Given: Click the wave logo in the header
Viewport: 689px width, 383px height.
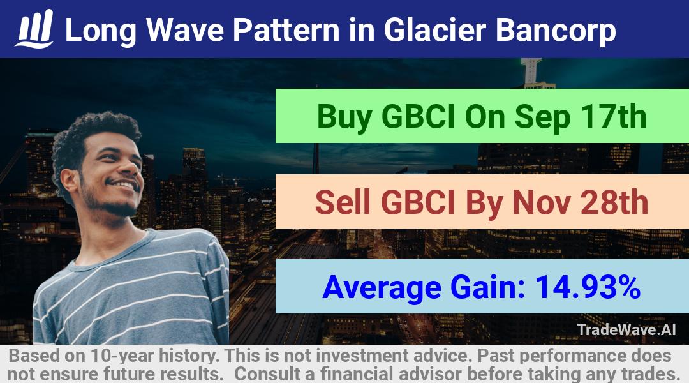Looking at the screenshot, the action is click(34, 29).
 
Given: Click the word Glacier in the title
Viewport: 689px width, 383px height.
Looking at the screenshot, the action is click(435, 30).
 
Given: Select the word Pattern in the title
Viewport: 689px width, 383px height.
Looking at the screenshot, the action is click(286, 30).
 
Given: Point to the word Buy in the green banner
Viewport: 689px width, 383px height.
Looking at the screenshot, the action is click(344, 117).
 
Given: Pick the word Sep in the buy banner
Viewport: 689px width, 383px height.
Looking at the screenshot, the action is click(542, 117).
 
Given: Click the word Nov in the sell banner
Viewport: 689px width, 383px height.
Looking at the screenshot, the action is click(542, 202).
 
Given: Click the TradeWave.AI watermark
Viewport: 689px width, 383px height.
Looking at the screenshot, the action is click(626, 329).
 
